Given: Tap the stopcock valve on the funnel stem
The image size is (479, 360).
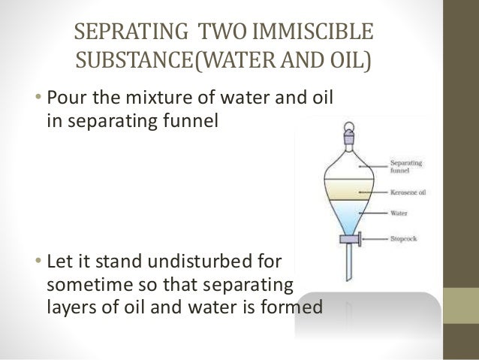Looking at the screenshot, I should pos(351,241).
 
